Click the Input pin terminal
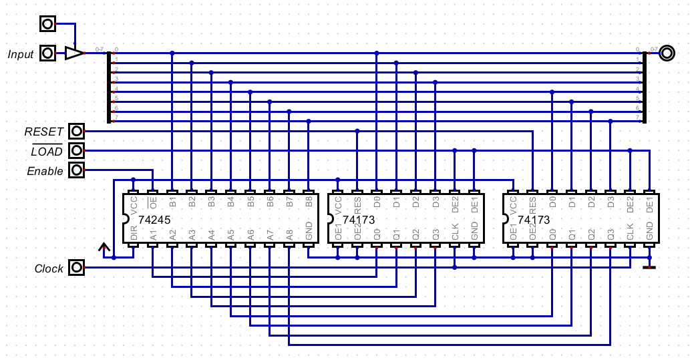tap(47, 53)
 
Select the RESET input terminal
tap(77, 131)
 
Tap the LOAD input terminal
tap(77, 151)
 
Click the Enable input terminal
tap(77, 171)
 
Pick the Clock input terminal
tap(77, 268)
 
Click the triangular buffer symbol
tap(73, 53)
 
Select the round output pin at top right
tap(666, 53)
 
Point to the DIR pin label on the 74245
tap(134, 234)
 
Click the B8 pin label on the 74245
tap(308, 202)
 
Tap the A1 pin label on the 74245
tap(153, 234)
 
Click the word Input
tap(21, 54)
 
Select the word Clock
tap(49, 269)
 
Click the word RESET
tap(43, 132)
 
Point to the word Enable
tap(45, 172)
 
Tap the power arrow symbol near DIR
tap(104, 248)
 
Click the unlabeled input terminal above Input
tap(47, 23)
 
